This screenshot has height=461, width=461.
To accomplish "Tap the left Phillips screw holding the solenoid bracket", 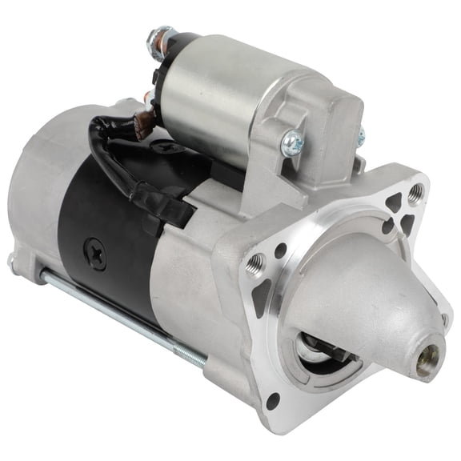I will (291, 143).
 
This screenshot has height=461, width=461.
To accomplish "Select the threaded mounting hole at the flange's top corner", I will (415, 193).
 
